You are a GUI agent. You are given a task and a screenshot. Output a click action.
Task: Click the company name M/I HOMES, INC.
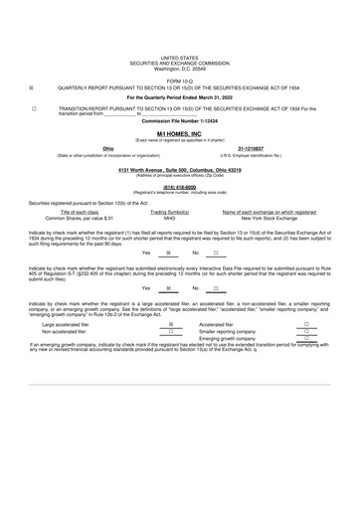(x=179, y=132)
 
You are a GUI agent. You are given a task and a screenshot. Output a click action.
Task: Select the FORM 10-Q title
(x=179, y=80)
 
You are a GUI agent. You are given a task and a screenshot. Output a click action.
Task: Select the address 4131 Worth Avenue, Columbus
(x=179, y=169)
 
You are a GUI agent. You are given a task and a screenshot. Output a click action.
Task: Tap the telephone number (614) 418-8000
(x=179, y=187)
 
